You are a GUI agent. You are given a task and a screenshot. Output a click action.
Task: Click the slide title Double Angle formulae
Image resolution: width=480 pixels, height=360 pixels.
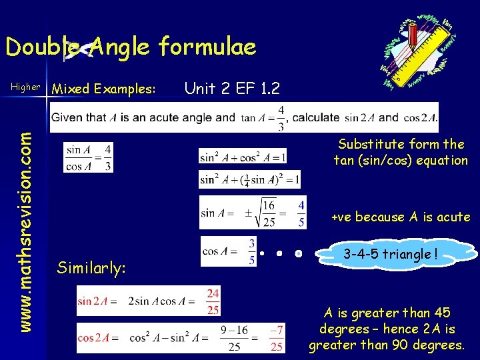130,47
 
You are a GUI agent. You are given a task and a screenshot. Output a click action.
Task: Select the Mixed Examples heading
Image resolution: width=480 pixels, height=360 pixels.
104,89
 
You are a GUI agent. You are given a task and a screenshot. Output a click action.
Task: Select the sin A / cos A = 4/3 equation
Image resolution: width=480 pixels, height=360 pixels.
88,157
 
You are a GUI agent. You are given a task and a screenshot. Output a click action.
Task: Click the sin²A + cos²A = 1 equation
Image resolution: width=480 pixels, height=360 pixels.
243,156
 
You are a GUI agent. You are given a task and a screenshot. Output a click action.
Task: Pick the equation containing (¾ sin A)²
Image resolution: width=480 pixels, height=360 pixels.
249,179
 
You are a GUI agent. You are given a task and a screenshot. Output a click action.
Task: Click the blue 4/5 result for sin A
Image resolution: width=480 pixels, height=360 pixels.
301,213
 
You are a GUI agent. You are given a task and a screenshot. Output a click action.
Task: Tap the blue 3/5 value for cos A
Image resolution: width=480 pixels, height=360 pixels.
251,251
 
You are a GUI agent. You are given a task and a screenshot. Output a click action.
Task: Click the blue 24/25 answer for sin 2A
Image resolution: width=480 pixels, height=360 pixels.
213,301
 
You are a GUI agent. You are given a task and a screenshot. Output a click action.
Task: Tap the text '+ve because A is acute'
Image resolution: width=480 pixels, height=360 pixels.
401,217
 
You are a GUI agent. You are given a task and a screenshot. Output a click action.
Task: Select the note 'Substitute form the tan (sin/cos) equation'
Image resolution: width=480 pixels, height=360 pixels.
401,152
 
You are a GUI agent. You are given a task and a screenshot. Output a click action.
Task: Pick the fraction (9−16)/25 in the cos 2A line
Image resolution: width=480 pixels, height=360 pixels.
233,338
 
